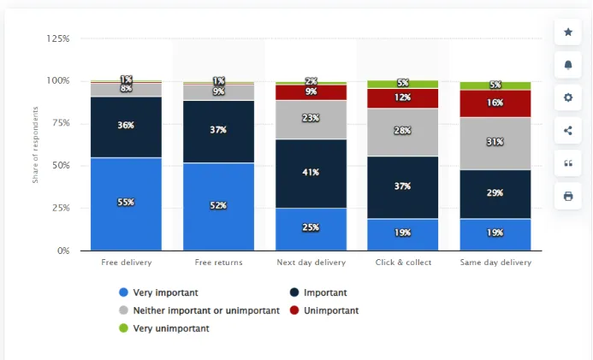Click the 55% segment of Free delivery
pyautogui.click(x=126, y=204)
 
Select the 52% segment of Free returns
pyautogui.click(x=218, y=206)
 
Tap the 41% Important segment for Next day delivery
pyautogui.click(x=311, y=173)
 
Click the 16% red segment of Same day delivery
pyautogui.click(x=495, y=103)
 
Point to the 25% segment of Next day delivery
pyautogui.click(x=311, y=228)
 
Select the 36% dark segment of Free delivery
pyautogui.click(x=126, y=126)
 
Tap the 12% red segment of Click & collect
pyautogui.click(x=402, y=97)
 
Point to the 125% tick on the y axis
pyautogui.click(x=59, y=38)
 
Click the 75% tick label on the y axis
pyautogui.click(x=59, y=123)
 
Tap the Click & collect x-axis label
pyautogui.click(x=402, y=263)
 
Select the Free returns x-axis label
pyautogui.click(x=218, y=263)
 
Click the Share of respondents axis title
pyautogui.click(x=36, y=145)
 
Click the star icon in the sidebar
pyautogui.click(x=568, y=32)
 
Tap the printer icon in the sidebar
pyautogui.click(x=568, y=196)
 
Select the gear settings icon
pyautogui.click(x=568, y=97)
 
